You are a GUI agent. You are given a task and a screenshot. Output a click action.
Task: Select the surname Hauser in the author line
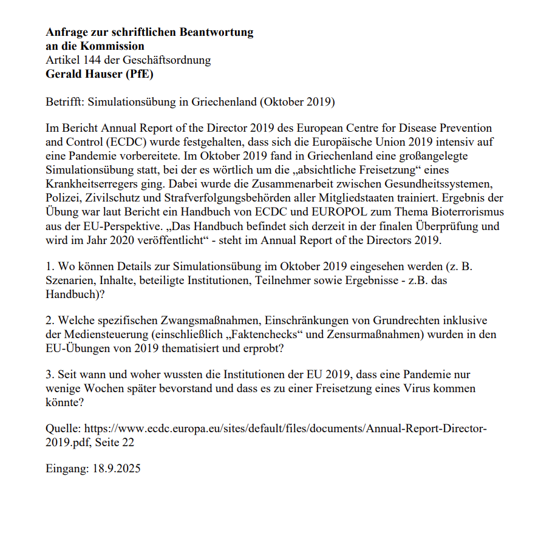[97, 75]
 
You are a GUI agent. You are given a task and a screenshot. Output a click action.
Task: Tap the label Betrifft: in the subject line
[65, 102]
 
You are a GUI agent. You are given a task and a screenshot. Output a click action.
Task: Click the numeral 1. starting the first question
[50, 267]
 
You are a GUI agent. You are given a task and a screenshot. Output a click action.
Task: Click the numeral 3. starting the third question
[50, 375]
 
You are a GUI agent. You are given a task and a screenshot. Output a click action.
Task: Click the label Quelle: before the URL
[63, 429]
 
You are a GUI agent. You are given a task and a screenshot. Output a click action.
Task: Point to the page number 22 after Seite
[128, 443]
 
